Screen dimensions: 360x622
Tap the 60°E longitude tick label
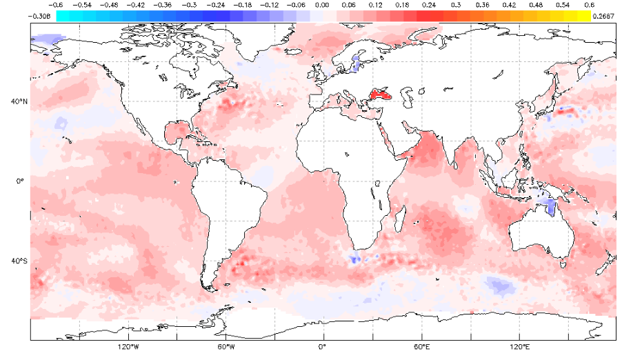pos(421,346)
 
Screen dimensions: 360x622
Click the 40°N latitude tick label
pos(19,101)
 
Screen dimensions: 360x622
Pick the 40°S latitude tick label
pos(19,261)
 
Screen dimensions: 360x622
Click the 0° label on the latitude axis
pos(21,181)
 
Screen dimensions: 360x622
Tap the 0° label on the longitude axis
pos(323,346)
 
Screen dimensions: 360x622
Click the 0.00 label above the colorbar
pos(321,5)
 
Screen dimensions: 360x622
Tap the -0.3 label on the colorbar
pos(189,5)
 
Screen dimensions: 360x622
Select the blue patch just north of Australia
pos(549,203)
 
